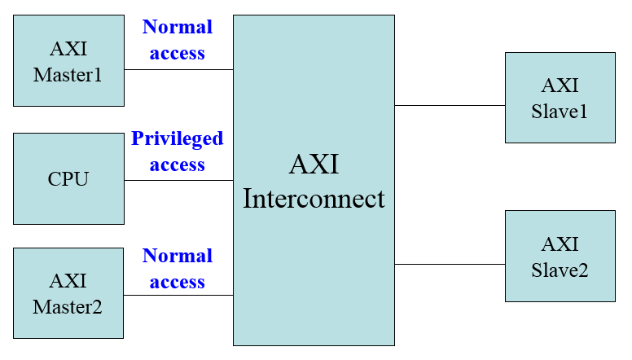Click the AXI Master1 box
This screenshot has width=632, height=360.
point(68,61)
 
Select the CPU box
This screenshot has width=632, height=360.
point(68,178)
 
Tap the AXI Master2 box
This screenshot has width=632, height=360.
point(68,293)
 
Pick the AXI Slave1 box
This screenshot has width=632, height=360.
point(560,98)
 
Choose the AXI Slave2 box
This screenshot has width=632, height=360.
point(560,257)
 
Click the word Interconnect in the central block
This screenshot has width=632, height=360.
point(314,199)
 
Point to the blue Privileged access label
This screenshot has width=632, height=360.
point(178,151)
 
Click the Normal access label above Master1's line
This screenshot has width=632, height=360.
point(178,40)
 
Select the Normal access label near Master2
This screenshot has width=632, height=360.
point(178,269)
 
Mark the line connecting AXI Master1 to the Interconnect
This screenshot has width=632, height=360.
point(178,69)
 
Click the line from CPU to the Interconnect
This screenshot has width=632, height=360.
point(178,180)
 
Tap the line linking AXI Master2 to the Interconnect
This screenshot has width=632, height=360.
point(178,295)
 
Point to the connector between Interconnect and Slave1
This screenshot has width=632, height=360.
point(450,105)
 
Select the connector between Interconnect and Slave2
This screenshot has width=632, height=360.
point(450,264)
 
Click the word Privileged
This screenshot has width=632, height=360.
point(178,138)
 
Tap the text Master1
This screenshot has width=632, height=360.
point(68,75)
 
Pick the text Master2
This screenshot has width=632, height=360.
point(68,307)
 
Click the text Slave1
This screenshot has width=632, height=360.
point(560,111)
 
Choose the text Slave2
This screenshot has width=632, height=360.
point(560,270)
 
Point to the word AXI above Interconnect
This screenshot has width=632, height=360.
point(314,165)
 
